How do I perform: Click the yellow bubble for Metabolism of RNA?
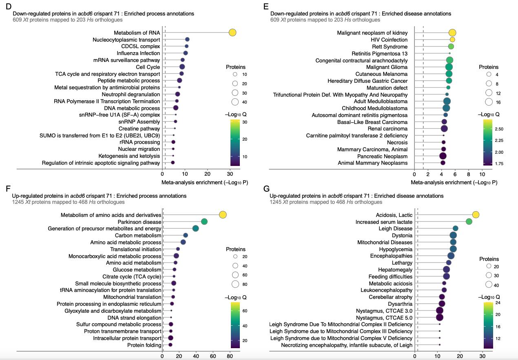[x=232, y=33]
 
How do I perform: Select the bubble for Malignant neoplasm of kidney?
[x=452, y=33]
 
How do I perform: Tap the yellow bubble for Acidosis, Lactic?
[x=476, y=214]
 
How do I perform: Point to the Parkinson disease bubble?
[x=204, y=221]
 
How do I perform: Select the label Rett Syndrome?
[x=390, y=46]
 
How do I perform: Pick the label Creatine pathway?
[x=139, y=128]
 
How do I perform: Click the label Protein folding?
[x=144, y=345]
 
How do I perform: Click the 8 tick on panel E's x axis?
[x=469, y=173]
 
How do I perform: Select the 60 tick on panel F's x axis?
[x=213, y=356]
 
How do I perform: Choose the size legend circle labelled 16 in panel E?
[x=489, y=102]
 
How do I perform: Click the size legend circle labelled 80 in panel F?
[x=235, y=284]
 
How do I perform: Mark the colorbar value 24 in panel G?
[x=498, y=303]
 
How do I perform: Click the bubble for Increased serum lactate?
[x=469, y=221]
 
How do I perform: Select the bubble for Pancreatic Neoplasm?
[x=443, y=156]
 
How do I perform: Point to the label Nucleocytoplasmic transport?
[x=126, y=40]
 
